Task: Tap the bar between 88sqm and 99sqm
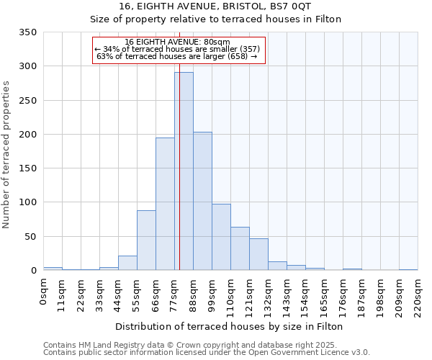coord(202,201)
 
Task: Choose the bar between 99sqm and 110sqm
coord(221,237)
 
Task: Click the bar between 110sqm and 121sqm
coord(240,248)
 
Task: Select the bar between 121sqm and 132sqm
coord(258,254)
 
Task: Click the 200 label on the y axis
coord(28,135)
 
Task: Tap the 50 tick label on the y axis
coord(31,236)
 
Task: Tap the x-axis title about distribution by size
coord(230,326)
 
